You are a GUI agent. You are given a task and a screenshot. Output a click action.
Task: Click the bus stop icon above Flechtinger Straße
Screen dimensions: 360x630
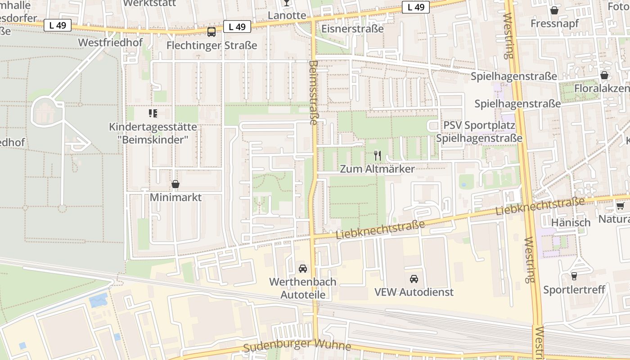[211, 32]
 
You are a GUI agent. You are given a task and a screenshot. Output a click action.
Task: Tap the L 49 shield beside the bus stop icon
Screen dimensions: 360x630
[237, 27]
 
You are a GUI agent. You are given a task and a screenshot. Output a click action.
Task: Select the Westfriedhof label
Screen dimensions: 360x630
[110, 43]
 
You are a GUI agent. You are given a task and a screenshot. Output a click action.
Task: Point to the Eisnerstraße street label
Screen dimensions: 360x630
[352, 29]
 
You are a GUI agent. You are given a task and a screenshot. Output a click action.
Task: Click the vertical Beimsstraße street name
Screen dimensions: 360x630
[314, 92]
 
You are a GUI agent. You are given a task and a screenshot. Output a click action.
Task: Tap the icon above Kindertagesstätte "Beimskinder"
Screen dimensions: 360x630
[153, 113]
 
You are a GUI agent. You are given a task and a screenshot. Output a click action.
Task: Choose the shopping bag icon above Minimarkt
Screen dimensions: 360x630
[175, 184]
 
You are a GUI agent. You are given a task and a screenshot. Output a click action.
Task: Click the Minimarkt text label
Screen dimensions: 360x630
[175, 198]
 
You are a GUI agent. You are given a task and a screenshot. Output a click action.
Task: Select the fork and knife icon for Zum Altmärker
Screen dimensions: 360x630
[378, 156]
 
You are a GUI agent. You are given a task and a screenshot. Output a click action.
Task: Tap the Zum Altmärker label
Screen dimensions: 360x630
[377, 169]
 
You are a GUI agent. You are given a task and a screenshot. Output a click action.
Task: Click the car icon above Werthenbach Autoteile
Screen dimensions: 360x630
[303, 269]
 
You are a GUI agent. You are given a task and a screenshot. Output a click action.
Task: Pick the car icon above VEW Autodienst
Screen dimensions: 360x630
[414, 279]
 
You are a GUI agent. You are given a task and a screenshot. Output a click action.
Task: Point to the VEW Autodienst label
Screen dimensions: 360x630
[414, 292]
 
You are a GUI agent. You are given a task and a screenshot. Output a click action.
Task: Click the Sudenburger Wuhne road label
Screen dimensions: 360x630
[297, 346]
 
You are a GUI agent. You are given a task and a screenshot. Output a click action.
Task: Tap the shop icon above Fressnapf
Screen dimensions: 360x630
[554, 10]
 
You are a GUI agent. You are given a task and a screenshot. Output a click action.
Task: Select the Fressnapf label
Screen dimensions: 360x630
[554, 23]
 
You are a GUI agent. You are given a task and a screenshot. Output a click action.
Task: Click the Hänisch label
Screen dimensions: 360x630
[571, 222]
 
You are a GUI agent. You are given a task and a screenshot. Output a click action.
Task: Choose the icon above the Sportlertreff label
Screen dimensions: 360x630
[574, 276]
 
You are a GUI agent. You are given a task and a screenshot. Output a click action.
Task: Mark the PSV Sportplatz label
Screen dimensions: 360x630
[479, 125]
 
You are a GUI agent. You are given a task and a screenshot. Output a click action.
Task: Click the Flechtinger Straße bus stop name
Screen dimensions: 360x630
[211, 45]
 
